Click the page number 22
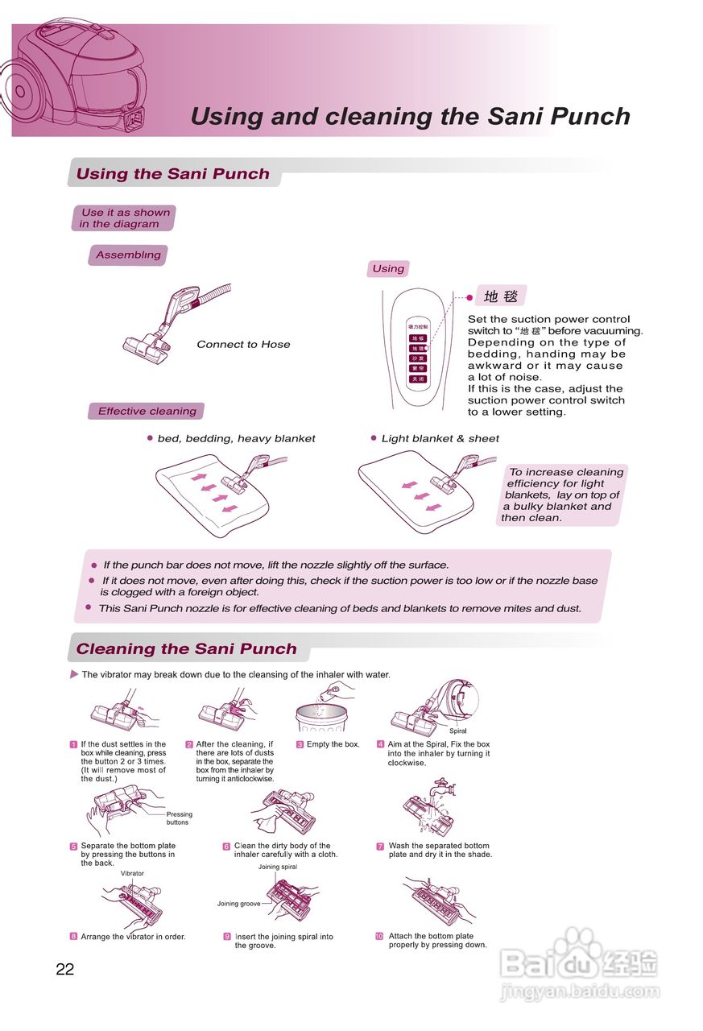click(x=65, y=969)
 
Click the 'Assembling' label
click(x=128, y=255)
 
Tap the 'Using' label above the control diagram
click(x=388, y=269)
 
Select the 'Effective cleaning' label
click(x=147, y=412)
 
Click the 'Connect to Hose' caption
click(x=243, y=345)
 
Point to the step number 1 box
click(x=73, y=744)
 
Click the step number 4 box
click(x=380, y=744)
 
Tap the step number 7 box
click(x=380, y=846)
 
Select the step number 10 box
click(x=379, y=936)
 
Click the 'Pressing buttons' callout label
click(x=179, y=818)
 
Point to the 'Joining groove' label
click(x=238, y=904)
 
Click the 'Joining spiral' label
click(x=278, y=867)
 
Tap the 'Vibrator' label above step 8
click(x=132, y=873)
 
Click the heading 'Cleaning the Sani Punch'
click(x=186, y=649)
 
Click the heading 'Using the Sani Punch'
click(x=172, y=174)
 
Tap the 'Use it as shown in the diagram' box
click(x=124, y=218)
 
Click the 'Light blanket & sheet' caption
click(x=440, y=439)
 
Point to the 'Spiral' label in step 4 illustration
click(x=457, y=731)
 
